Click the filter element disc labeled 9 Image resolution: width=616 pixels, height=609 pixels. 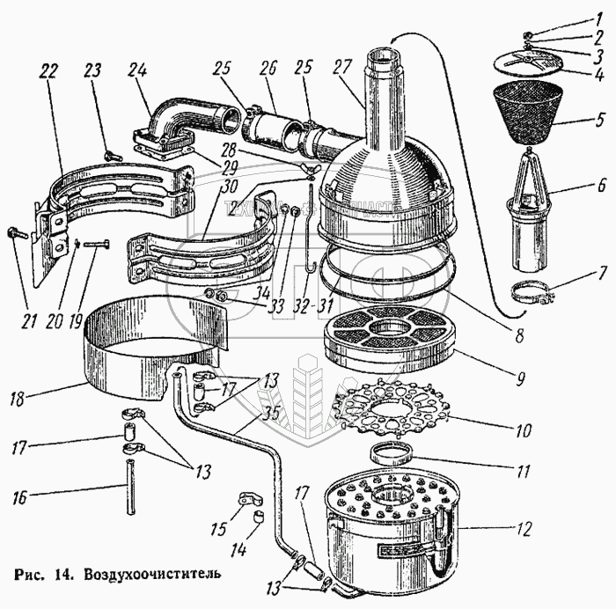[384, 338]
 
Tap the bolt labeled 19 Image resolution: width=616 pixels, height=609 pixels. [96, 243]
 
